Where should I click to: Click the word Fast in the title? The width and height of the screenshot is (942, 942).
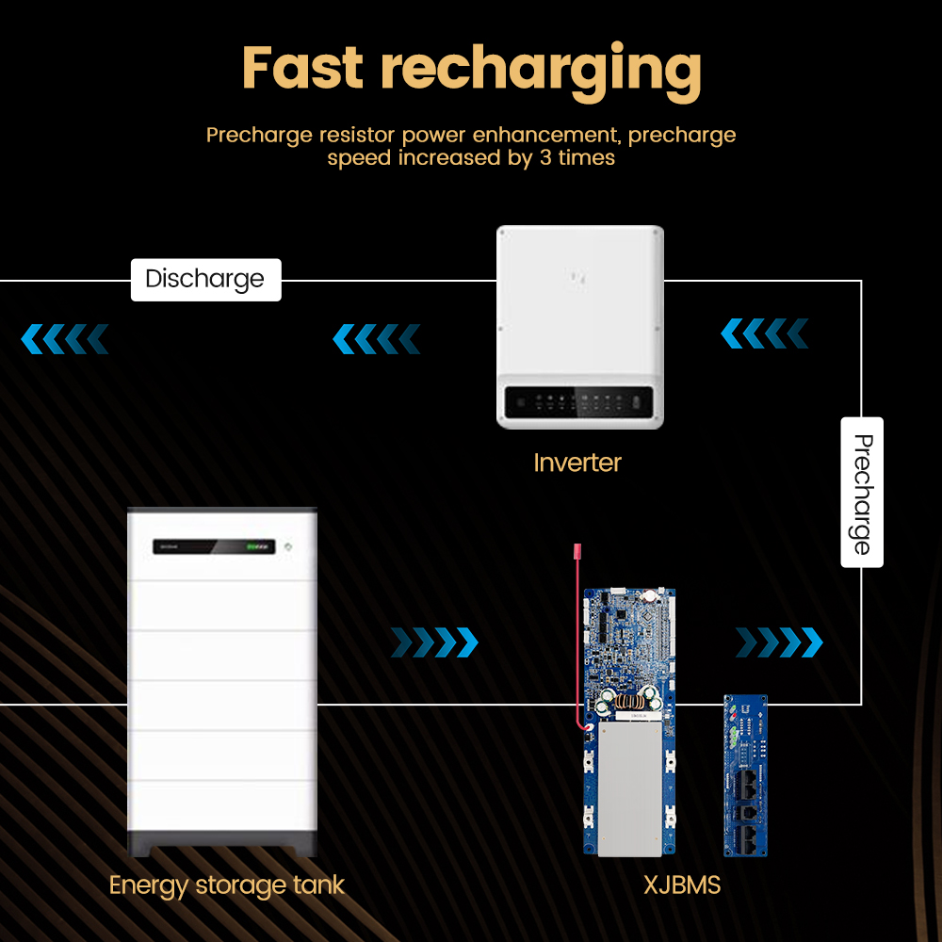point(302,68)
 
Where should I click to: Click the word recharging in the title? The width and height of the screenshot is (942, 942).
point(542,73)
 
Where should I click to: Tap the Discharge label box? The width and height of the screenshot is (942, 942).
point(205,280)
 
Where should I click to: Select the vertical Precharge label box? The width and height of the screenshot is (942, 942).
point(862,492)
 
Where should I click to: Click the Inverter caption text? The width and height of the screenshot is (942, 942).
point(577,463)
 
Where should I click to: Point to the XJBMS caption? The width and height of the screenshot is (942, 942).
point(682,885)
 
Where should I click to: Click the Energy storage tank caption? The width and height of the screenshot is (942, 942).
point(226,886)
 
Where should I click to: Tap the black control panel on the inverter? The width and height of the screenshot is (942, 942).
point(578,402)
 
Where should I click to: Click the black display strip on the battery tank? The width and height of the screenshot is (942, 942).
point(214,546)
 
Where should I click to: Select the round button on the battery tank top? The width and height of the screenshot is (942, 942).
point(287,546)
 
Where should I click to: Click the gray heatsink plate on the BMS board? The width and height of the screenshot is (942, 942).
point(629,788)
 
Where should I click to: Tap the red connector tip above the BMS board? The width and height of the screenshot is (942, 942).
point(578,550)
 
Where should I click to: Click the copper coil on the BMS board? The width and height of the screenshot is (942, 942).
point(630,701)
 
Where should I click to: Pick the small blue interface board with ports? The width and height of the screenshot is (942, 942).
point(745,775)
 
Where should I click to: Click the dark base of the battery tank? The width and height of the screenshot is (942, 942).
point(222,843)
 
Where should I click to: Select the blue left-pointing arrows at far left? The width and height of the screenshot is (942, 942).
point(65,339)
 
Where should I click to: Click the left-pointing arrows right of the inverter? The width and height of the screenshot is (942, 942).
point(764,333)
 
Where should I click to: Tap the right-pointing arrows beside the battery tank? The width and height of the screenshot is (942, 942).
point(434,642)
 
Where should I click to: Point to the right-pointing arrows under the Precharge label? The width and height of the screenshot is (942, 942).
point(779,642)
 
